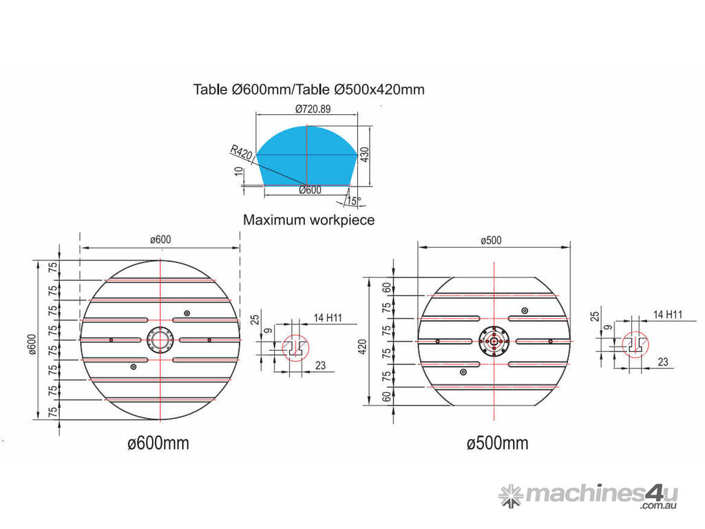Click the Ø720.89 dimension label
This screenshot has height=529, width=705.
[313, 109]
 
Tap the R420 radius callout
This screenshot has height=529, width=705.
[242, 152]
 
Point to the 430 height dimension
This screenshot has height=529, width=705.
[365, 154]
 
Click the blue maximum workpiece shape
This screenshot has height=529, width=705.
[307, 155]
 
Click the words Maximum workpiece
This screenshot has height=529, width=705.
[309, 220]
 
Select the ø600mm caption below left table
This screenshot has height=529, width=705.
[158, 443]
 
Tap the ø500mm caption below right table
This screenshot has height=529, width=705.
[497, 443]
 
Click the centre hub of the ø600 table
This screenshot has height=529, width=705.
[160, 340]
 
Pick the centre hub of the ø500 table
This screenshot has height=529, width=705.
[494, 342]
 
